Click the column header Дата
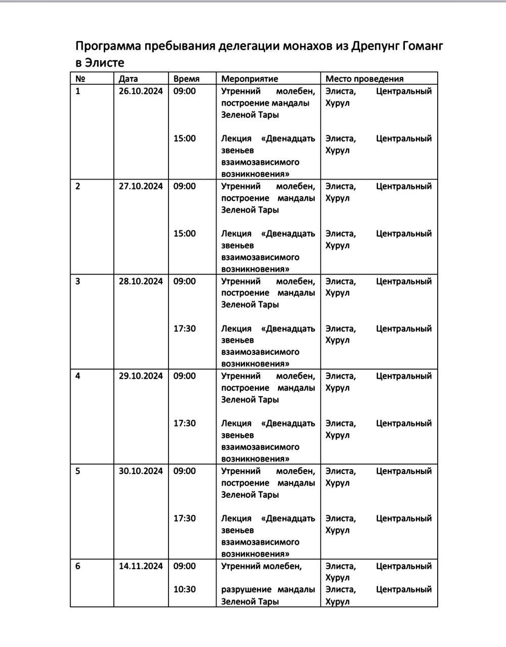pyautogui.click(x=128, y=79)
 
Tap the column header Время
pyautogui.click(x=186, y=79)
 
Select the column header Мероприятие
pyautogui.click(x=249, y=79)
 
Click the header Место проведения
pyautogui.click(x=364, y=79)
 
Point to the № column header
pyautogui.click(x=80, y=79)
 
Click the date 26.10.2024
pyautogui.click(x=141, y=91)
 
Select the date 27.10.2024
pyautogui.click(x=141, y=187)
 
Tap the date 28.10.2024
pyautogui.click(x=141, y=282)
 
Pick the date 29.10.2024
pyautogui.click(x=141, y=376)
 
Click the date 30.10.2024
pyautogui.click(x=141, y=471)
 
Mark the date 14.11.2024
pyautogui.click(x=141, y=566)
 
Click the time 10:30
pyautogui.click(x=184, y=589)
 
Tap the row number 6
pyautogui.click(x=78, y=566)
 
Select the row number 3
pyautogui.click(x=78, y=282)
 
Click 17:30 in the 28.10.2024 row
pyautogui.click(x=184, y=329)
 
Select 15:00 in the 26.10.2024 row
pyautogui.click(x=184, y=138)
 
